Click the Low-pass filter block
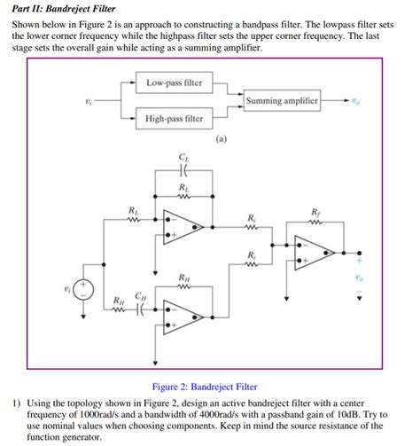174,84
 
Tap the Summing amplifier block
281,100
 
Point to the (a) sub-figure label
221,139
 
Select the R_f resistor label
316,211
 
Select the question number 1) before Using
16,402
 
